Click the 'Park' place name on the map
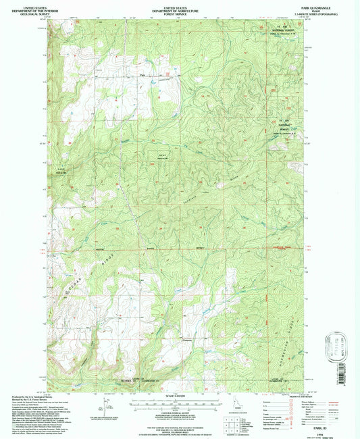[x=143, y=75]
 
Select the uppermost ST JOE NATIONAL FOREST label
[x=273, y=30]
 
